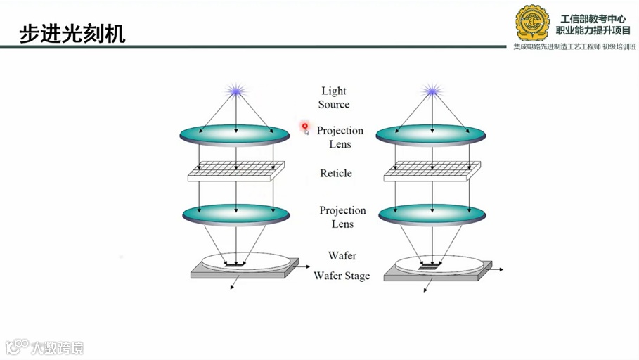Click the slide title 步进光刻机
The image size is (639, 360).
[72, 33]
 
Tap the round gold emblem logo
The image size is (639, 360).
[533, 22]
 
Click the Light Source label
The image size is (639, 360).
[334, 98]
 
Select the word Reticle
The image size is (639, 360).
[335, 174]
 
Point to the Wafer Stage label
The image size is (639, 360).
[342, 276]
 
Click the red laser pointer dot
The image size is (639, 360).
[305, 127]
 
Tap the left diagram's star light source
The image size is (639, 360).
[235, 91]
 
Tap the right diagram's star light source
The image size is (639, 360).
[431, 91]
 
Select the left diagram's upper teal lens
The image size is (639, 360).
[235, 135]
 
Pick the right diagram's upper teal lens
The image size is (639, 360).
[431, 135]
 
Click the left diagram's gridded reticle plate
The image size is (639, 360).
[235, 172]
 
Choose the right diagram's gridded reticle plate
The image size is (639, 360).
[432, 172]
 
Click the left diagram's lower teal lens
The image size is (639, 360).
[235, 214]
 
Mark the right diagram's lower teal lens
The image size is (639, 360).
[432, 214]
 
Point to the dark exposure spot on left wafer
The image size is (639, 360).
[235, 266]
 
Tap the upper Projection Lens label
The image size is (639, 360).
[340, 137]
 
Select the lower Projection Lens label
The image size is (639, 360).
[342, 217]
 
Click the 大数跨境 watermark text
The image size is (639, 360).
[56, 347]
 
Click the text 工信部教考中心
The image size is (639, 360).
[593, 19]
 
